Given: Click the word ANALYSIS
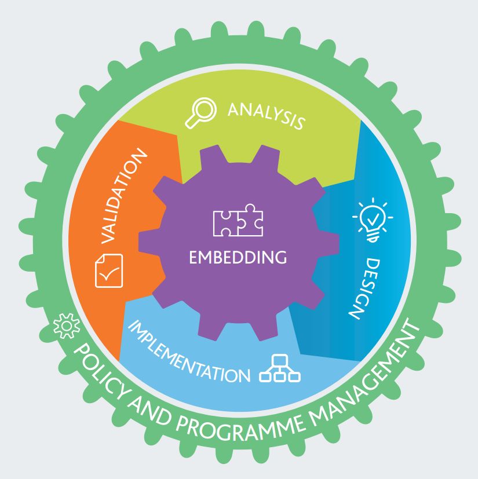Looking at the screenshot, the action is click(x=267, y=116).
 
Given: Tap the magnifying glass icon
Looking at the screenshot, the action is click(x=201, y=113).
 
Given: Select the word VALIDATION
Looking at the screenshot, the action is click(x=124, y=196).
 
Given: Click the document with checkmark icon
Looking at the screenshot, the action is click(x=109, y=270).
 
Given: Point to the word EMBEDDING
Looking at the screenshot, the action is click(x=238, y=257).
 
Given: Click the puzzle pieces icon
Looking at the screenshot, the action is click(x=238, y=220).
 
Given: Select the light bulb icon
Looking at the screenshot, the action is click(x=373, y=220).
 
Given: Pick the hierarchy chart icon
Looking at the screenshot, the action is click(x=280, y=368).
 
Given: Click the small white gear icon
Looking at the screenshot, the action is click(x=67, y=326).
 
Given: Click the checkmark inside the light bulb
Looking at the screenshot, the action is click(x=373, y=218).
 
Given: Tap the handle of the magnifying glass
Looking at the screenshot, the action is click(x=192, y=122).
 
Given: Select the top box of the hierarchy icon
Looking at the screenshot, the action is click(x=280, y=360).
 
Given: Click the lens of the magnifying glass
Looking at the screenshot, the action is click(x=204, y=109).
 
